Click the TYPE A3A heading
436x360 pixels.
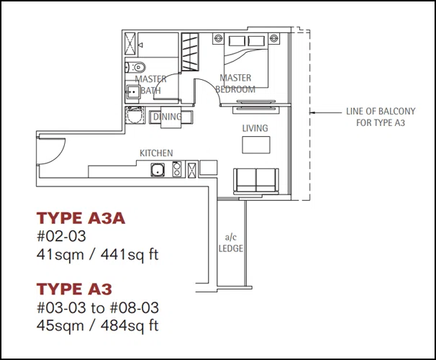click(81, 218)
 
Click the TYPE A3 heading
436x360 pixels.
click(74, 289)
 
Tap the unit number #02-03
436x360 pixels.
click(61, 236)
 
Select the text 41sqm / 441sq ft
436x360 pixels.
click(97, 255)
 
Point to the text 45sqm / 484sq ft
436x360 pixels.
click(97, 325)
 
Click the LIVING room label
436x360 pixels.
click(255, 128)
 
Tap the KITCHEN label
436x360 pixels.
click(156, 153)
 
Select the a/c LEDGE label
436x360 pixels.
click(231, 243)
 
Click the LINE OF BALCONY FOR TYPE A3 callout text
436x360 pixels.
click(381, 117)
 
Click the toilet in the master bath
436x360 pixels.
click(135, 68)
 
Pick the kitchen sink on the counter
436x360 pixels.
click(158, 170)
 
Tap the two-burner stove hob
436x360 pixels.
click(177, 169)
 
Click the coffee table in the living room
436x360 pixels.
click(256, 145)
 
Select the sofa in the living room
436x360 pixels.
click(256, 181)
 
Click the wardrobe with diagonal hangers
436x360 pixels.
click(190, 52)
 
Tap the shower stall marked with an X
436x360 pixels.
click(130, 44)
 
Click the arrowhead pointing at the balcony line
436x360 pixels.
click(312, 112)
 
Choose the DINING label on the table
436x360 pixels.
click(168, 117)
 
